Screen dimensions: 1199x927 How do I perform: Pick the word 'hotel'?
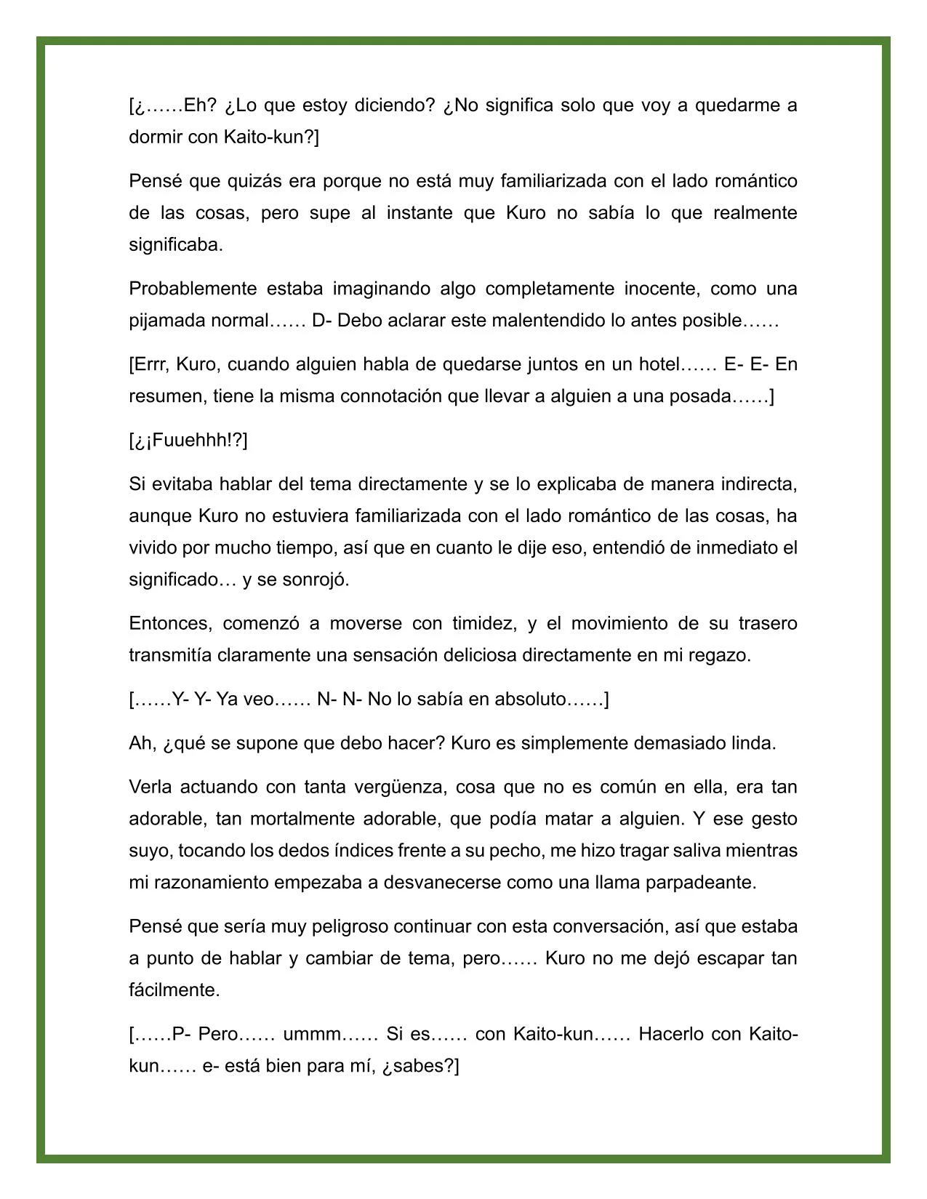coord(658,364)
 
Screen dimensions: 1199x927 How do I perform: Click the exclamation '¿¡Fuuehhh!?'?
coord(188,441)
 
